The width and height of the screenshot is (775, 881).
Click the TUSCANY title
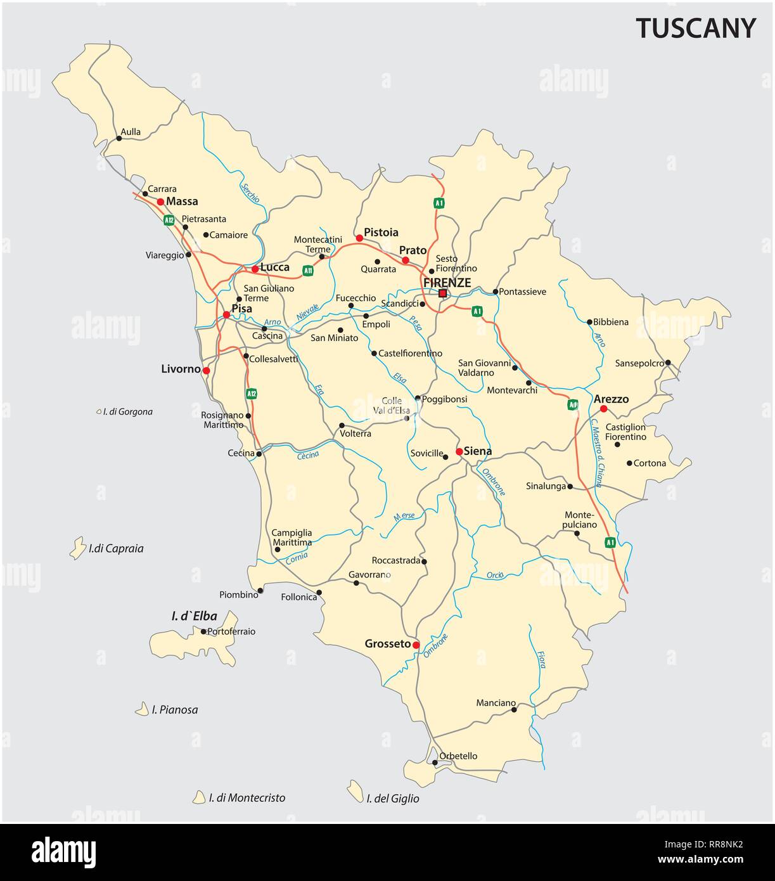point(696,29)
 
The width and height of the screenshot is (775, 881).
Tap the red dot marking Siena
point(459,452)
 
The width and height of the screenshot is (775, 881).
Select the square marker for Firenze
point(442,293)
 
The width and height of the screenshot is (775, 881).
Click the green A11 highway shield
point(308,271)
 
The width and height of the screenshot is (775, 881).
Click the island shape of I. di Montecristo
point(200,797)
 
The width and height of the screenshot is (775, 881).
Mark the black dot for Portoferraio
point(203,631)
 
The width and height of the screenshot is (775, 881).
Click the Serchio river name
point(250,188)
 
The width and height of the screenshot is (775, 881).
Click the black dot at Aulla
point(118,138)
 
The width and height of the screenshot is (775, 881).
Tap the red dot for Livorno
point(206,370)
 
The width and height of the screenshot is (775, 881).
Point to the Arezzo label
point(611,399)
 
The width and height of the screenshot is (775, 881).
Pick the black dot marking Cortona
point(629,463)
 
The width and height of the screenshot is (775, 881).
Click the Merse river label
point(404,516)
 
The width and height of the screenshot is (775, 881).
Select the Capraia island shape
point(77,548)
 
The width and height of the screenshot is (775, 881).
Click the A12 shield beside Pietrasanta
point(169,221)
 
